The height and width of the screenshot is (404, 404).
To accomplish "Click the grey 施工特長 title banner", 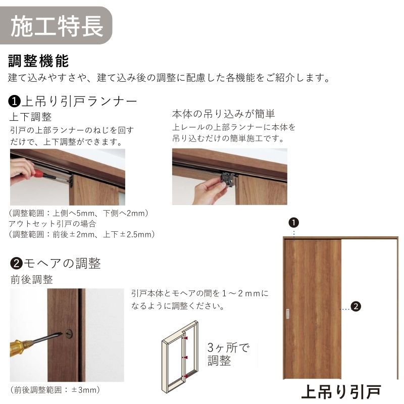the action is coord(56,26).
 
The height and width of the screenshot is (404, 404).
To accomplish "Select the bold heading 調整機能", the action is coord(39,61).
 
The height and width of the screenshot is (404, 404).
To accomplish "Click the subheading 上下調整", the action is coord(30,117).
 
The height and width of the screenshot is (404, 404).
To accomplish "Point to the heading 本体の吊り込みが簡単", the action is coord(223,114).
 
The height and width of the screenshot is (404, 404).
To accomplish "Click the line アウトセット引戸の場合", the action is coord(53,224).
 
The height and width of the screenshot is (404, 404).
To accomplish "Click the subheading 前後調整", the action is coord(32,280).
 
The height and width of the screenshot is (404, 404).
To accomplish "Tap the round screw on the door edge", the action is coord(69,334).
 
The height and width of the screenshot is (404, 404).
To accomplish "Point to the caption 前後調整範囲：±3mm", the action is coord(55,390).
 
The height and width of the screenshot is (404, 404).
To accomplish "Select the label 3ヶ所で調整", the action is coord(228,354).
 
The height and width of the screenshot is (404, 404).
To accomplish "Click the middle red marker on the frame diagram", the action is coord(186,358).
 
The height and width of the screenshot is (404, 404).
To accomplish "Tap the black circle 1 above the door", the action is coord(294,223).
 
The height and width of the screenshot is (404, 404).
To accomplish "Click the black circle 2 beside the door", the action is coord(356,307).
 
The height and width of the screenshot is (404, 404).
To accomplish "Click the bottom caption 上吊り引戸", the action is coord(341,392).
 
